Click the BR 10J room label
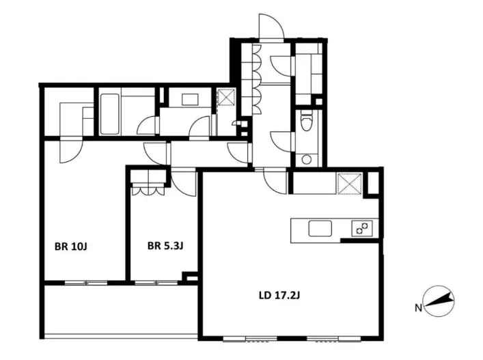71,247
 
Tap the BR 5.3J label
165,246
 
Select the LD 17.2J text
279,296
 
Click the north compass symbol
439,301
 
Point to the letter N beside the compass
418,307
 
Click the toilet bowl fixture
306,121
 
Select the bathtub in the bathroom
110,114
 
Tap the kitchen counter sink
320,229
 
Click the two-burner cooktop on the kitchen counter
361,229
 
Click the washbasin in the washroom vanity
191,100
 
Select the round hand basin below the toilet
306,160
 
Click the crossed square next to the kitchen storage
350,184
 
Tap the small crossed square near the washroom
226,97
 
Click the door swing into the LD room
275,182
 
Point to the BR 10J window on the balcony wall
86,282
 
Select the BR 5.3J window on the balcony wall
156,282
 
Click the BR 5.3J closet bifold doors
148,191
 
